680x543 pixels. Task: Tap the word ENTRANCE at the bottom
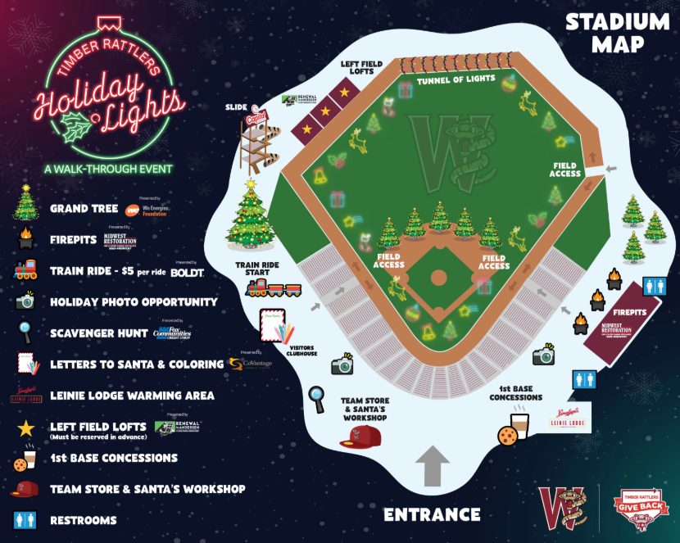(x=432, y=514)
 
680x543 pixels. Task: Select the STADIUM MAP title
(x=617, y=32)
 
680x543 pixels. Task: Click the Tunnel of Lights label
(x=456, y=79)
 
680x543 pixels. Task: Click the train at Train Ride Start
(x=273, y=287)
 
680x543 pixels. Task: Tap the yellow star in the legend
(x=25, y=427)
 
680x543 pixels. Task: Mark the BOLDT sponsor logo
(x=188, y=272)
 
